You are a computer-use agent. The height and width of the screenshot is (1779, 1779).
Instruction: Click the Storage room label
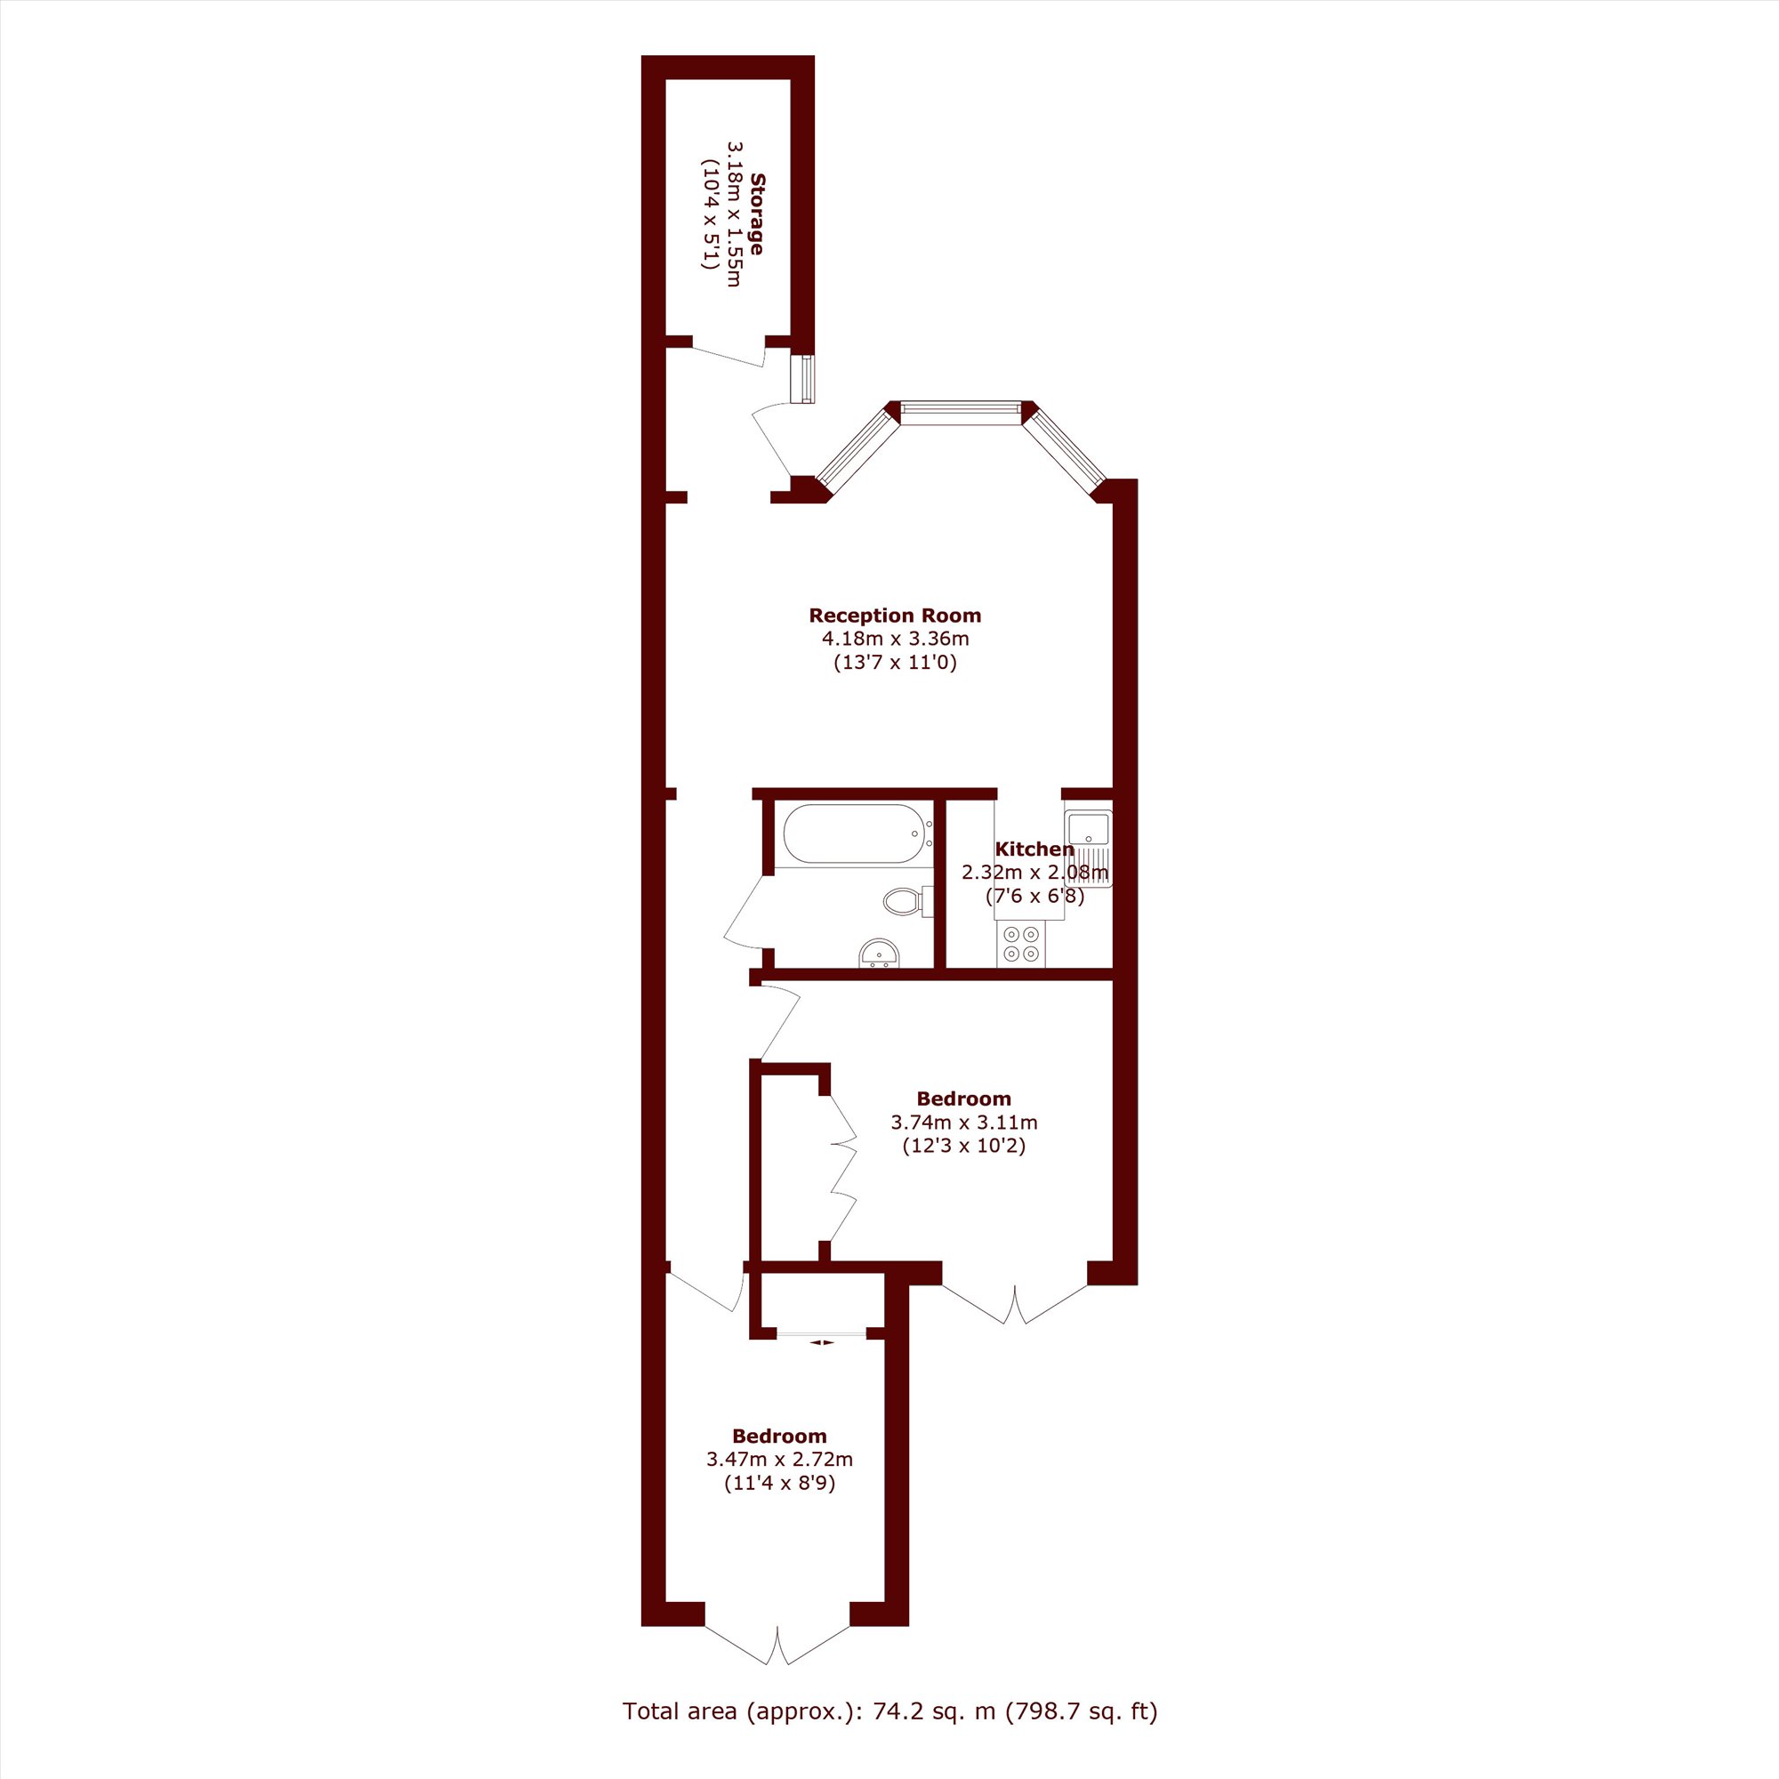(757, 213)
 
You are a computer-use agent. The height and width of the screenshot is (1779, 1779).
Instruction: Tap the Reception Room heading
(895, 616)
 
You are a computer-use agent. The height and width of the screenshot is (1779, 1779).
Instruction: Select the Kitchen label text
(1034, 849)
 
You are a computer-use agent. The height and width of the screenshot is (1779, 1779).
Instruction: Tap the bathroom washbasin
(879, 954)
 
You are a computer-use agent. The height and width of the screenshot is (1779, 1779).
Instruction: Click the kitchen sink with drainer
(1089, 847)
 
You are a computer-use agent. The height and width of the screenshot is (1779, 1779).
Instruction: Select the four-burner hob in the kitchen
(1021, 945)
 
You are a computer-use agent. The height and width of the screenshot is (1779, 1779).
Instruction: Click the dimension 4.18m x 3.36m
(895, 639)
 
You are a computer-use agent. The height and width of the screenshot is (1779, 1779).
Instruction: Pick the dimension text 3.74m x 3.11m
(964, 1123)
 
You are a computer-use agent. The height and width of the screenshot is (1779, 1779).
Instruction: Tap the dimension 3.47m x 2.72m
(779, 1460)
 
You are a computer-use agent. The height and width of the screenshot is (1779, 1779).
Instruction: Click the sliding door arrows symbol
(821, 1342)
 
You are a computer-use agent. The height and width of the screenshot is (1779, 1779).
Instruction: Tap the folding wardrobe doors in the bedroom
(842, 1167)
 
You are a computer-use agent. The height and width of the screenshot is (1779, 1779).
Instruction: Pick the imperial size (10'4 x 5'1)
(709, 213)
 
